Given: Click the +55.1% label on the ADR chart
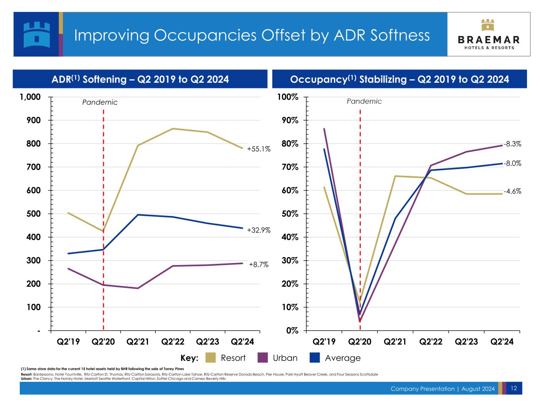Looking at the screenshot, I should point(259,149).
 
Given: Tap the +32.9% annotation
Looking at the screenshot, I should point(259,230).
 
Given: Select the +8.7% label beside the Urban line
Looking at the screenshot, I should point(259,265).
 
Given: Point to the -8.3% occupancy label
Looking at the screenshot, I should point(513,144).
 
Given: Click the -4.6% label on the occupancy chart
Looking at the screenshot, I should point(513,191).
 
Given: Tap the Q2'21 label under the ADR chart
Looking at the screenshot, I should point(138,341).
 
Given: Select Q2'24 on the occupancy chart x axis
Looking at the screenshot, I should point(502,341).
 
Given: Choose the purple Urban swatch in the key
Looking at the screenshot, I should point(262,358).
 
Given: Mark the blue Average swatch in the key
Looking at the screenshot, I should point(314,358).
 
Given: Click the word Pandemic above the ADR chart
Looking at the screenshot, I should point(100,103).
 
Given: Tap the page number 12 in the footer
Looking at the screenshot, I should point(513,388).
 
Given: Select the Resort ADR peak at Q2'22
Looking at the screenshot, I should point(173,129).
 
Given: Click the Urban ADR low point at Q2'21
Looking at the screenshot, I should point(138,288).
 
